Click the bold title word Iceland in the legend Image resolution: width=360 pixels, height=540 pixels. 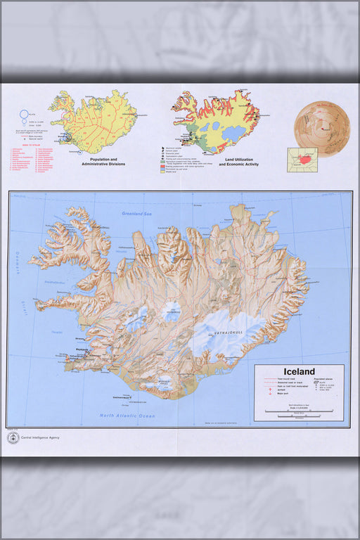tap(299, 372)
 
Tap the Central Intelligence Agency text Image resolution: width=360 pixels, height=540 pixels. tap(40, 437)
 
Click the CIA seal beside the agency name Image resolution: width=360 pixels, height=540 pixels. tap(13, 438)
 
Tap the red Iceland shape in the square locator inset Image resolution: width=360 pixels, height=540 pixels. tap(305, 160)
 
